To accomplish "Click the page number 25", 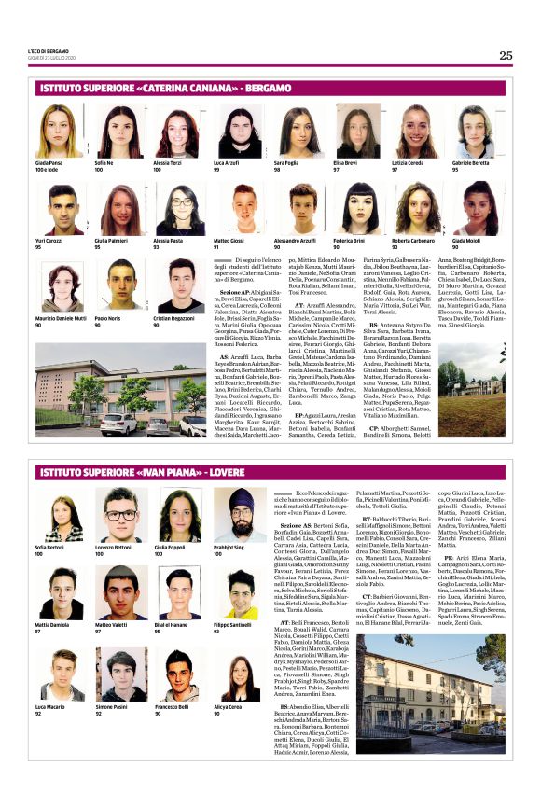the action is tap(506, 55).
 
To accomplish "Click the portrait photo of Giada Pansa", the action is tap(58, 132).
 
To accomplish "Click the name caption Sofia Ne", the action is tap(103, 163).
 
